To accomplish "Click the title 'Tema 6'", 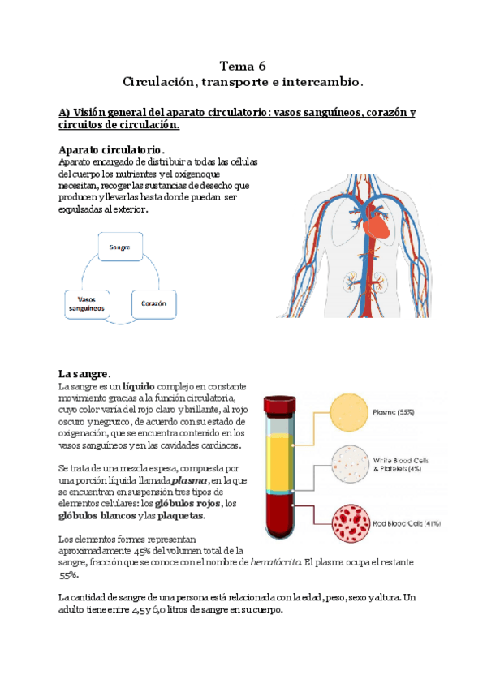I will tap(243, 66).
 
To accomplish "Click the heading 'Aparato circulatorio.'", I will tap(111, 150).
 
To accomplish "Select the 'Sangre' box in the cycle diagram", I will tap(120, 245).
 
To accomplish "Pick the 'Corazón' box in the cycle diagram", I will tap(153, 303).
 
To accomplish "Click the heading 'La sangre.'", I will tap(84, 374).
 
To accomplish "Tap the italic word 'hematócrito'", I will tap(277, 562).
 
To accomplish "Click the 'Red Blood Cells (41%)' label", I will tap(406, 523).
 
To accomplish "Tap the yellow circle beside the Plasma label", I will tap(348, 414).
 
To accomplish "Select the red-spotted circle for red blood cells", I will tap(348, 522).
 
